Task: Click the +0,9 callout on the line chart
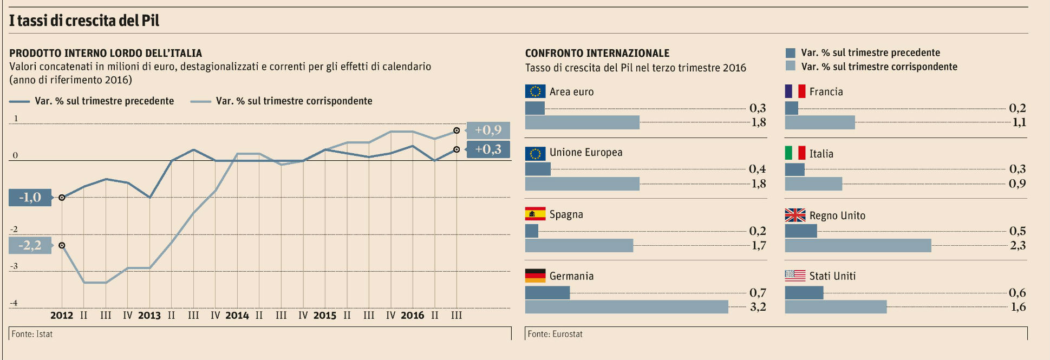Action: point(488,130)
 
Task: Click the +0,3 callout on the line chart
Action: point(488,149)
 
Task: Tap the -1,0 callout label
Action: point(30,198)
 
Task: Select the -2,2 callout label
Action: point(30,245)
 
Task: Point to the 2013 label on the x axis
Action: point(149,315)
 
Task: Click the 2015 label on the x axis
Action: point(324,315)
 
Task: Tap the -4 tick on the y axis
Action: point(14,303)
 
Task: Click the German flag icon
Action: point(535,276)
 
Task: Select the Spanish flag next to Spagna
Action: point(535,214)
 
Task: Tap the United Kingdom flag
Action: point(795,215)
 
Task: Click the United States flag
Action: point(795,276)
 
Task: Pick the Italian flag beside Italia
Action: point(795,153)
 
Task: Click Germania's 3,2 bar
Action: point(627,307)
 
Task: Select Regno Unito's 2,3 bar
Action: point(858,245)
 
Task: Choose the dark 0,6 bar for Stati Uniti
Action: point(804,293)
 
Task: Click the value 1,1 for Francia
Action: point(1019,122)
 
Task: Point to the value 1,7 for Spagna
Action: point(758,246)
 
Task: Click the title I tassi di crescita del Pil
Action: point(84,21)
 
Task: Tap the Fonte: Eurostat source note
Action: point(555,334)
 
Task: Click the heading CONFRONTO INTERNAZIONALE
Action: point(597,53)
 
